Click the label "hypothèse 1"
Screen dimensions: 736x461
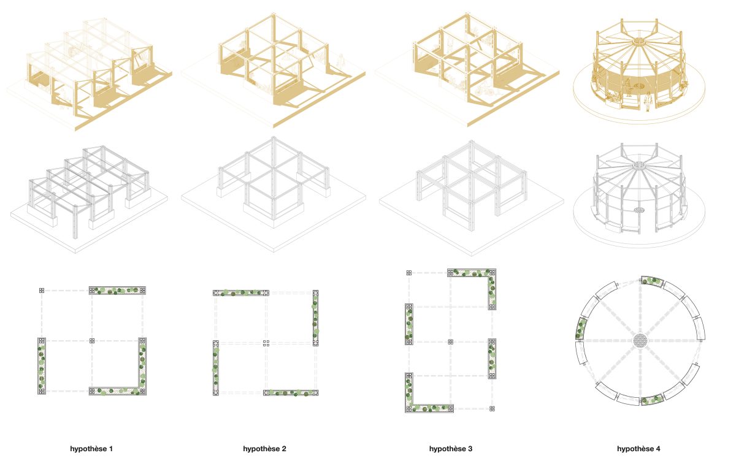click(91, 449)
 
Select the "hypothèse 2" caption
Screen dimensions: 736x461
click(264, 449)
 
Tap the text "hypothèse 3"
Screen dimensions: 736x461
click(450, 449)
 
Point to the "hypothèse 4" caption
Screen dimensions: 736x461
click(638, 449)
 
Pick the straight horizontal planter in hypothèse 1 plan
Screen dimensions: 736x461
click(117, 290)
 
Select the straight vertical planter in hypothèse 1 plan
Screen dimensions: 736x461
click(42, 366)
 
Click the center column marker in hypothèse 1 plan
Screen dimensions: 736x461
click(92, 341)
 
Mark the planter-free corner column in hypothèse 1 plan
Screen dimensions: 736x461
click(42, 290)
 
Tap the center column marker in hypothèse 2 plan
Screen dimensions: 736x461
click(266, 343)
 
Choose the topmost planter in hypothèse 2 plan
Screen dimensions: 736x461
click(241, 293)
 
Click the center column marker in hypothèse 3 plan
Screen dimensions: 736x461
click(450, 342)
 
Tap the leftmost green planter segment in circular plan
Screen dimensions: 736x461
click(581, 329)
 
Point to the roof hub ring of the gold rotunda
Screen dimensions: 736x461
click(638, 42)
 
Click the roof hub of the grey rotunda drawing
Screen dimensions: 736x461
click(638, 165)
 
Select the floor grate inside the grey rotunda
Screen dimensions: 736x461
click(639, 210)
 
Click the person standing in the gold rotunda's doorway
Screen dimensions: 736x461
click(648, 101)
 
